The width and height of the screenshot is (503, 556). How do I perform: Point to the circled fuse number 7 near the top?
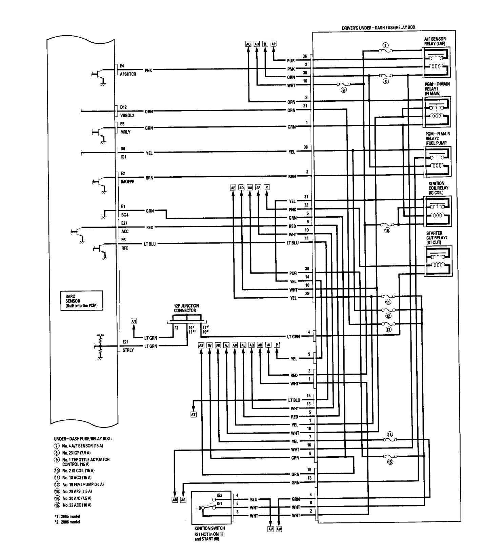tap(385, 45)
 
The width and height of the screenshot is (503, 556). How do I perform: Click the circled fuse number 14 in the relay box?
tap(390, 434)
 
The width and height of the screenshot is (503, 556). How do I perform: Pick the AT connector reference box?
tap(194, 414)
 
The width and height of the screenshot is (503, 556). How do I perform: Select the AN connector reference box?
tap(134, 321)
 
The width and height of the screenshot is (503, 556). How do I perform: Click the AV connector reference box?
tap(270, 529)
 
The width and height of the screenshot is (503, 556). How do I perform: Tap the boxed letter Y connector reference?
tap(267, 187)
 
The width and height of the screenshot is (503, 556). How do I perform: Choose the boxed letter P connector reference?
tap(277, 345)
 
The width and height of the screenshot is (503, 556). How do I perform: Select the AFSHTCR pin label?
tap(128, 74)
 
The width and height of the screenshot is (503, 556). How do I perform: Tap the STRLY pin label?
tap(128, 350)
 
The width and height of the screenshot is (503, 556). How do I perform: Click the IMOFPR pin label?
tap(127, 182)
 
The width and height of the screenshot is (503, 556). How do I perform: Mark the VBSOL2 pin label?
tap(127, 115)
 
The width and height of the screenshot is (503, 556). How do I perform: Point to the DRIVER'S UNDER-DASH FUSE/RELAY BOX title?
tap(379, 27)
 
